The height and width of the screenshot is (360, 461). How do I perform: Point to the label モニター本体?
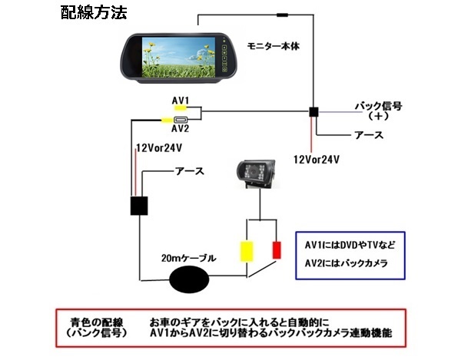point(274,46)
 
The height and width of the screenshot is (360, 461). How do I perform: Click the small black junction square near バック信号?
point(313,112)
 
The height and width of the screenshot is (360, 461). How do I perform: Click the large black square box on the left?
point(140,206)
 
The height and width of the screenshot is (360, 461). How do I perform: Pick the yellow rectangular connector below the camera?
point(247,251)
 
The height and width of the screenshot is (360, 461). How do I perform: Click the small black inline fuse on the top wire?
point(283,15)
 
